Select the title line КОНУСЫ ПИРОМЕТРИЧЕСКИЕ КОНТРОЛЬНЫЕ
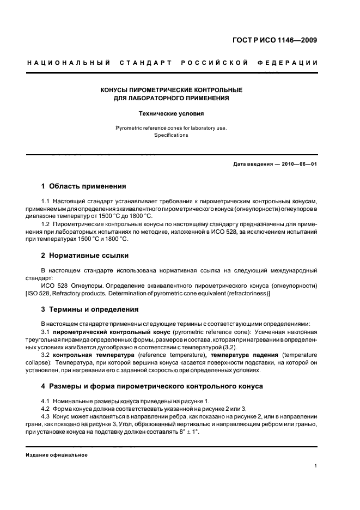(x=172, y=89)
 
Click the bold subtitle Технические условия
(x=172, y=114)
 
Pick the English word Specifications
(x=172, y=135)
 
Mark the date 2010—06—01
(x=298, y=164)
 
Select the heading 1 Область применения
(x=84, y=186)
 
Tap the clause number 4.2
(x=46, y=409)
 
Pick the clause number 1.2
(x=46, y=224)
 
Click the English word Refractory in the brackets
(x=75, y=294)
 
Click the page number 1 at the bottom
(x=316, y=466)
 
